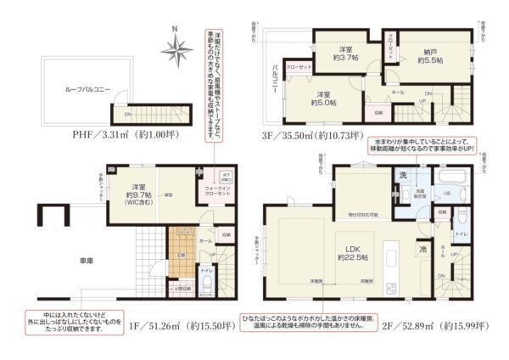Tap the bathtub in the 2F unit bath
click(448, 176)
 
